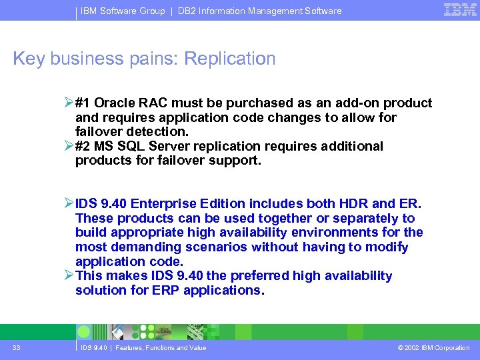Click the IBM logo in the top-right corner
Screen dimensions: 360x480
[460, 9]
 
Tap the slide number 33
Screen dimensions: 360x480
[16, 347]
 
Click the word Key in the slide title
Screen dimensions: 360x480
[29, 59]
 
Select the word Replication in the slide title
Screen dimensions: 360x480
[229, 59]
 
